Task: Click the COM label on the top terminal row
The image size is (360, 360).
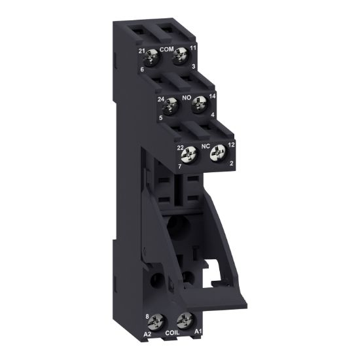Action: click(x=166, y=49)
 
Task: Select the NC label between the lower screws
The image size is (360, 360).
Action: click(x=205, y=147)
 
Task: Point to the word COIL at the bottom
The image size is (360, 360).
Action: click(x=172, y=332)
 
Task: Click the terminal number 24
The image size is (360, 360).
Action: click(x=160, y=99)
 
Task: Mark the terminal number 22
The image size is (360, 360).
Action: click(x=180, y=149)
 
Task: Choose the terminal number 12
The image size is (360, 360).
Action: click(x=231, y=145)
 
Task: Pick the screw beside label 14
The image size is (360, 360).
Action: click(x=197, y=103)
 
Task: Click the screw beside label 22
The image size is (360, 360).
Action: click(x=190, y=156)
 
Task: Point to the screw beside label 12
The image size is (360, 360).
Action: click(x=217, y=154)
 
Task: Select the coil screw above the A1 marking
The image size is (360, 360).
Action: click(x=183, y=321)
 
